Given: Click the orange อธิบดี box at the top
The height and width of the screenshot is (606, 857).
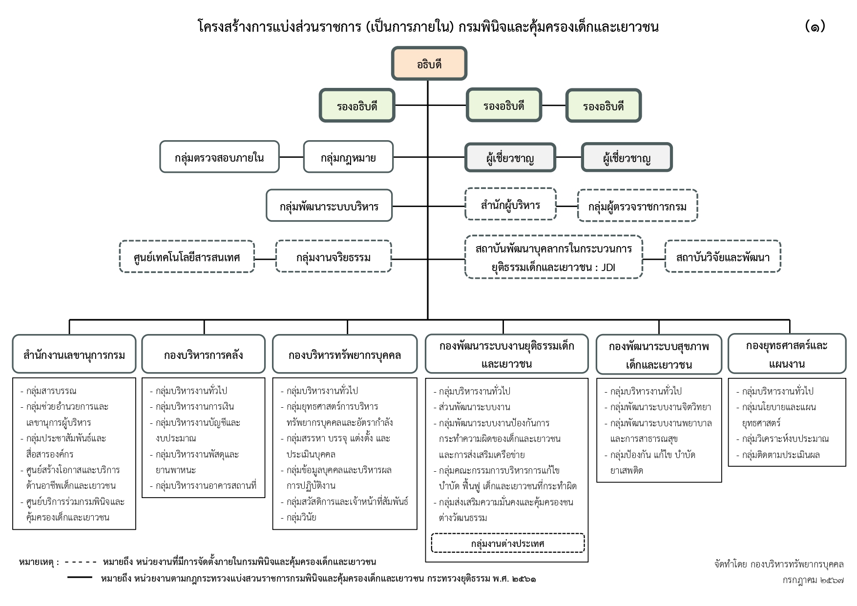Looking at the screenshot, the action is pyautogui.click(x=429, y=63).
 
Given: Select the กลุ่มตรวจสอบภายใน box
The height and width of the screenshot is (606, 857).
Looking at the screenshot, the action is pyautogui.click(x=219, y=157).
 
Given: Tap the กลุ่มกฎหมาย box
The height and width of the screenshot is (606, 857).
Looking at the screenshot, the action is pyautogui.click(x=348, y=157).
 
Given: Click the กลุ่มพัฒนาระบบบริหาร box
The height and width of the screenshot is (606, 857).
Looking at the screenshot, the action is pyautogui.click(x=329, y=206).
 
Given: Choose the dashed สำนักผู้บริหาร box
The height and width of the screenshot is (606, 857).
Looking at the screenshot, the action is pyautogui.click(x=510, y=204).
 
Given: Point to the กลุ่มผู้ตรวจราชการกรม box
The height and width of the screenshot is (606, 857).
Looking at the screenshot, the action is pyautogui.click(x=637, y=206).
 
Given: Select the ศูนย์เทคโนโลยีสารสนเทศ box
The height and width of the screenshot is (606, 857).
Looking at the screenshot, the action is pyautogui.click(x=187, y=256).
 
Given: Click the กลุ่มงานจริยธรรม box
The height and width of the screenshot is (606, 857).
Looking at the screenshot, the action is pyautogui.click(x=334, y=256).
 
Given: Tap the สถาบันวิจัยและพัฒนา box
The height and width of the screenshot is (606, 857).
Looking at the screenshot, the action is pyautogui.click(x=723, y=256).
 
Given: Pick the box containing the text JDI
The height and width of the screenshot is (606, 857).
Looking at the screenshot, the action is pyautogui.click(x=554, y=257).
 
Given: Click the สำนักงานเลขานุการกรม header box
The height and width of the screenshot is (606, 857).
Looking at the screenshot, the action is pyautogui.click(x=74, y=354).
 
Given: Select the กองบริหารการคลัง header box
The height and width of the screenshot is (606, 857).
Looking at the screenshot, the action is pyautogui.click(x=203, y=354).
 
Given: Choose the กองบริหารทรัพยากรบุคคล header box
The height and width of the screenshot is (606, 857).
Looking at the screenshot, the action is pyautogui.click(x=345, y=354).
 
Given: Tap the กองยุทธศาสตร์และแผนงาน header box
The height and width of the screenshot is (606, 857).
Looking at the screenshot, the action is pyautogui.click(x=787, y=354).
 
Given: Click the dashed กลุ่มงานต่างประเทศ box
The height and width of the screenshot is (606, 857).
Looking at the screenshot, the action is pyautogui.click(x=508, y=543).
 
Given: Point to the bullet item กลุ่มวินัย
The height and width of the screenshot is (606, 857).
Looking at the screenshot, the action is pyautogui.click(x=298, y=517).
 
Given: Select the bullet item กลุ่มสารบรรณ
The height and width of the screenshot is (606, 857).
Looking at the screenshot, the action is pyautogui.click(x=48, y=391).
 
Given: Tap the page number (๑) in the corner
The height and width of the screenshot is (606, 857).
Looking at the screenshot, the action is pyautogui.click(x=815, y=26).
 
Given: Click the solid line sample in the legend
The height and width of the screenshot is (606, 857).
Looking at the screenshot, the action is pyautogui.click(x=80, y=577).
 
